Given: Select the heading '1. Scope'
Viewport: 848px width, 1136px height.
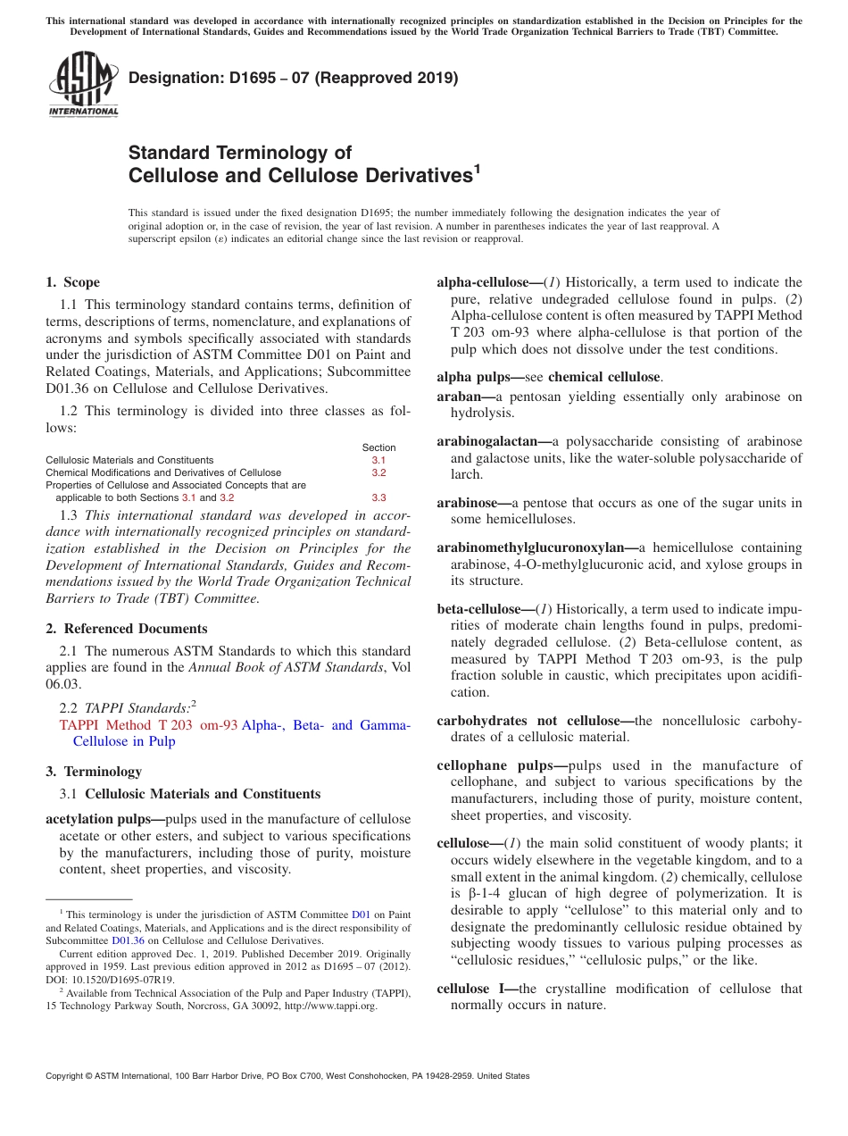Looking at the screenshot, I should tap(72, 282).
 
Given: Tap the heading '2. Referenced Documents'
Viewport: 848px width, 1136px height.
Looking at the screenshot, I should tap(127, 629).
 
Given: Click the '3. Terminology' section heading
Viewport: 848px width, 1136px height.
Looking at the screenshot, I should tap(94, 771).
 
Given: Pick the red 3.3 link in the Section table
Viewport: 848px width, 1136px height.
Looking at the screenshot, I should tap(378, 497).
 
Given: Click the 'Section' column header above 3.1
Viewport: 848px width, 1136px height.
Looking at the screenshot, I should tap(378, 447).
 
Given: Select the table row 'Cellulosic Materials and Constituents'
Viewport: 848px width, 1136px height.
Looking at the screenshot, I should tap(129, 460).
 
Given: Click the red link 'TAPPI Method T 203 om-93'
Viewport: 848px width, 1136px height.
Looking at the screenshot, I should tap(148, 725).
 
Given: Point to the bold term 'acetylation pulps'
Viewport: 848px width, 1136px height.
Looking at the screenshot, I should tap(104, 819).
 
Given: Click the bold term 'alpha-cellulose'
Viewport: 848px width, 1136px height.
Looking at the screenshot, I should tap(488, 282).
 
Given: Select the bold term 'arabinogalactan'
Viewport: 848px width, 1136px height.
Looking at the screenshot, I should tap(493, 441).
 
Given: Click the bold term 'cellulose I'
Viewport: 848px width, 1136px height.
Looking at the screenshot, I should tap(476, 989).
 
